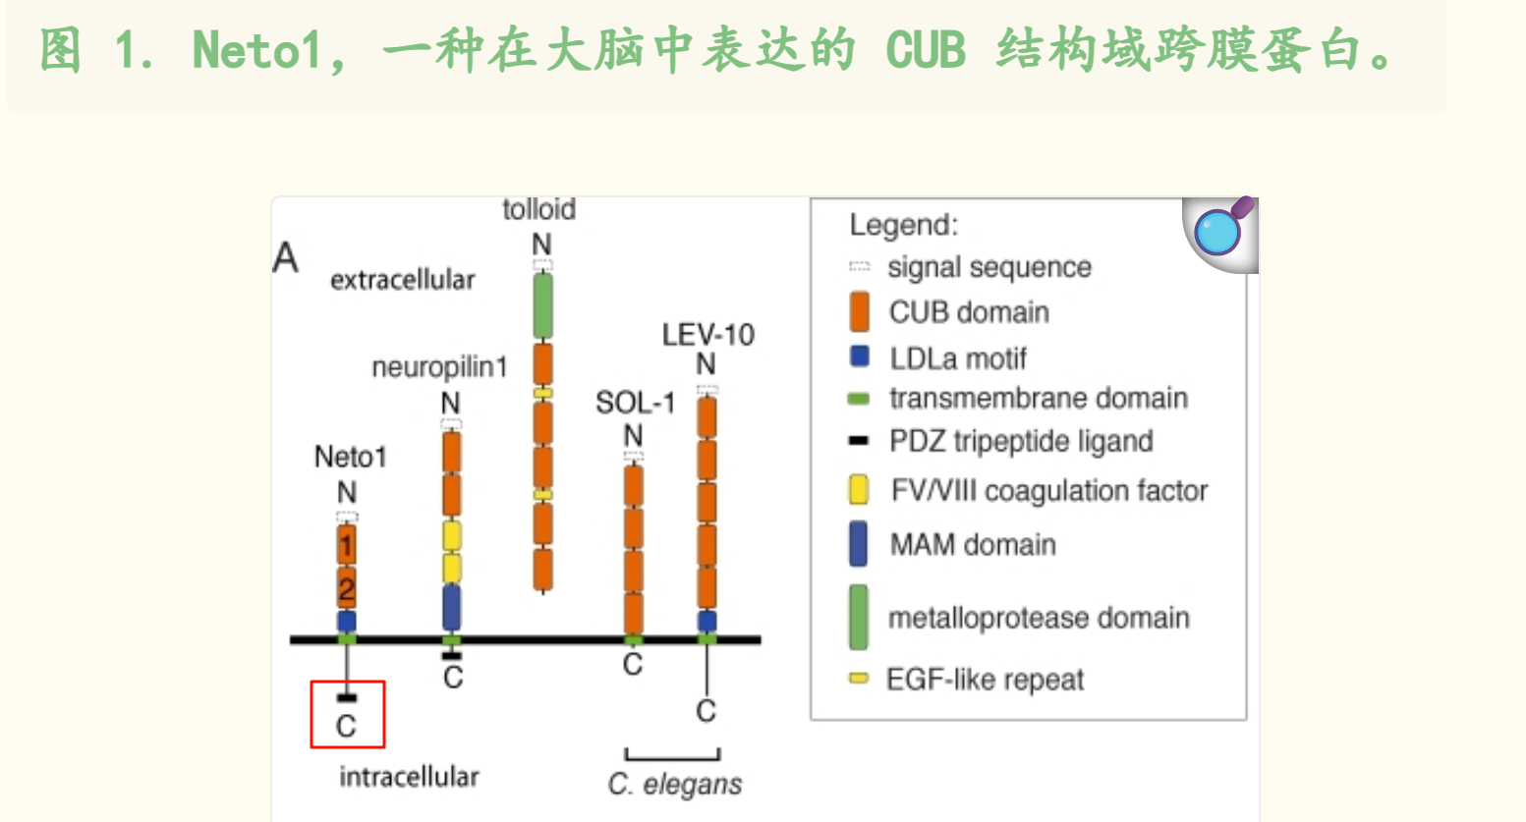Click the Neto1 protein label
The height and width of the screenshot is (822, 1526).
[350, 457]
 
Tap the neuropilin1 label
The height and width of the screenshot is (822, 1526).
[439, 367]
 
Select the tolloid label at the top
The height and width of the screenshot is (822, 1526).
[538, 209]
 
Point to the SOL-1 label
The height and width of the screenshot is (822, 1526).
[635, 403]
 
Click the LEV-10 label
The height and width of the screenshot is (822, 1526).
[707, 335]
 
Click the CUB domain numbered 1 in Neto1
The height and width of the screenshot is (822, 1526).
[346, 544]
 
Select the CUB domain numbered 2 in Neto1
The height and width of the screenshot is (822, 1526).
[346, 588]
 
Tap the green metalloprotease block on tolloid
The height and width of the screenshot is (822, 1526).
[541, 306]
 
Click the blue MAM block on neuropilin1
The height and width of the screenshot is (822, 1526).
[451, 607]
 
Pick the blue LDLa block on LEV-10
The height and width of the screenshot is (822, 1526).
[706, 621]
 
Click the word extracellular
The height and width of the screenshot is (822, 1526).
[402, 280]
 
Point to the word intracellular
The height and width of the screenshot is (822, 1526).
[409, 777]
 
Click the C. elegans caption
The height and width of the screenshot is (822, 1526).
[674, 784]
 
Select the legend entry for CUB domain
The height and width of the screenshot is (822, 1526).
[968, 312]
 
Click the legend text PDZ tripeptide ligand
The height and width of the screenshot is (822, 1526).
[1020, 442]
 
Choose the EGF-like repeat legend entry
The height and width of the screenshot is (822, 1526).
[984, 680]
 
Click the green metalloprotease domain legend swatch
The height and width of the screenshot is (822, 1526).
[858, 618]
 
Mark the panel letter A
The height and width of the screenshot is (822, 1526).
[285, 258]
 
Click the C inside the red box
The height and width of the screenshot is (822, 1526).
[346, 726]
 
